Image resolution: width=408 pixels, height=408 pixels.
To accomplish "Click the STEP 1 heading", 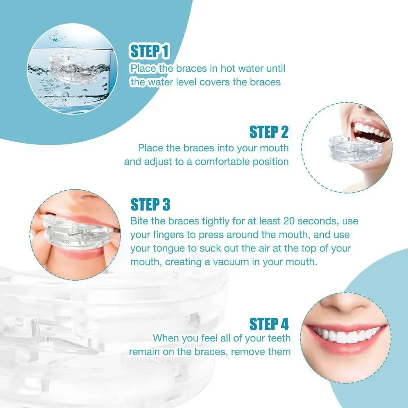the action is pos(149,51).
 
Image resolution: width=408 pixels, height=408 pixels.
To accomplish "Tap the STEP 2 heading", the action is pos(269,132).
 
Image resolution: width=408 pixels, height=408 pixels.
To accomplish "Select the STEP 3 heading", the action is pos(150,204).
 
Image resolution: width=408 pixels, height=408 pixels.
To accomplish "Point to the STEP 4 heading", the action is pos(269,324).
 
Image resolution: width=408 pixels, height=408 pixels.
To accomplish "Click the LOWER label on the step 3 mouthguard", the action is pos(61,240).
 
